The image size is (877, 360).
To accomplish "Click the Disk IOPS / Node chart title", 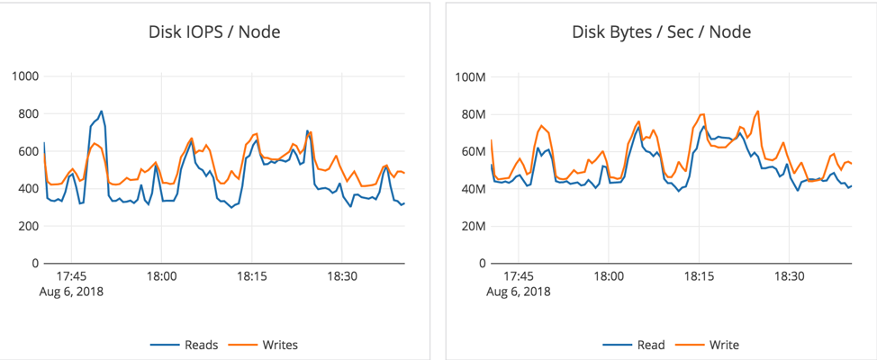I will [214, 32].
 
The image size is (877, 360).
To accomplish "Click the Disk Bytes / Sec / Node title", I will [662, 32].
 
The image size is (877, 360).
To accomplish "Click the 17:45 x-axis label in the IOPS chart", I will [71, 277].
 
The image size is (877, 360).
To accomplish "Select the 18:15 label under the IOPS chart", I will [252, 277].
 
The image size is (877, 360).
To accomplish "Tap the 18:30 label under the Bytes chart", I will [790, 277].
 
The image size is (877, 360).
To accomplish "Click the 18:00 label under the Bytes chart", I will [609, 277].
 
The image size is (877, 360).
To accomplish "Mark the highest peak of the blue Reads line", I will [101, 112].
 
